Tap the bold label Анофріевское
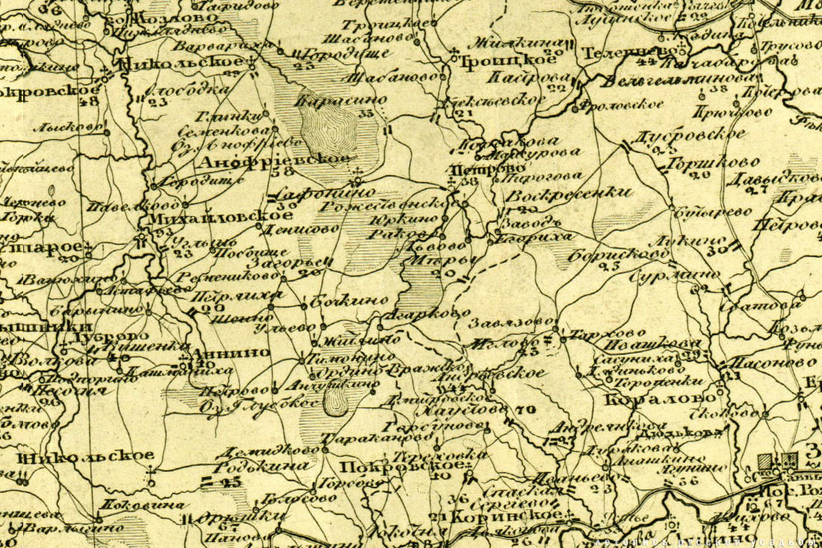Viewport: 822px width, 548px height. tap(274, 158)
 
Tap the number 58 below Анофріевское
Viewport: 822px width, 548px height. tap(284, 172)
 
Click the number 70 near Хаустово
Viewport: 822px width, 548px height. tap(521, 410)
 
